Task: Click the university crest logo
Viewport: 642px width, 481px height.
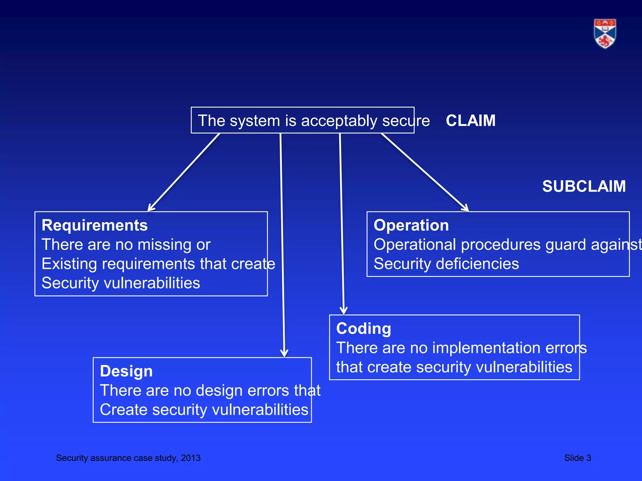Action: click(605, 34)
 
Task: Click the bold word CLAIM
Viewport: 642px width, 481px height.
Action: click(471, 121)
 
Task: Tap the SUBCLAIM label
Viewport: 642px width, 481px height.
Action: click(584, 186)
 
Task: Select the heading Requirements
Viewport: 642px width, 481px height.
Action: click(94, 225)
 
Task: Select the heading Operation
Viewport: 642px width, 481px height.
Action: click(411, 225)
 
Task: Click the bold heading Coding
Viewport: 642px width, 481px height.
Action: click(363, 329)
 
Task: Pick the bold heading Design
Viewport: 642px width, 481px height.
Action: click(126, 371)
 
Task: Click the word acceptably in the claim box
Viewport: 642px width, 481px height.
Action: click(339, 121)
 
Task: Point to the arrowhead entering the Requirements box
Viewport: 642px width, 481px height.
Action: click(151, 208)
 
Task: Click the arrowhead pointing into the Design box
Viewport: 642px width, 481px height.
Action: click(284, 353)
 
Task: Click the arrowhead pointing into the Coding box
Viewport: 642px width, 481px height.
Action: click(344, 311)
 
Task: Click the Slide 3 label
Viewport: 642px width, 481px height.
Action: click(577, 458)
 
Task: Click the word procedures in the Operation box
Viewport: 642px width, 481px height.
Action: click(501, 245)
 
